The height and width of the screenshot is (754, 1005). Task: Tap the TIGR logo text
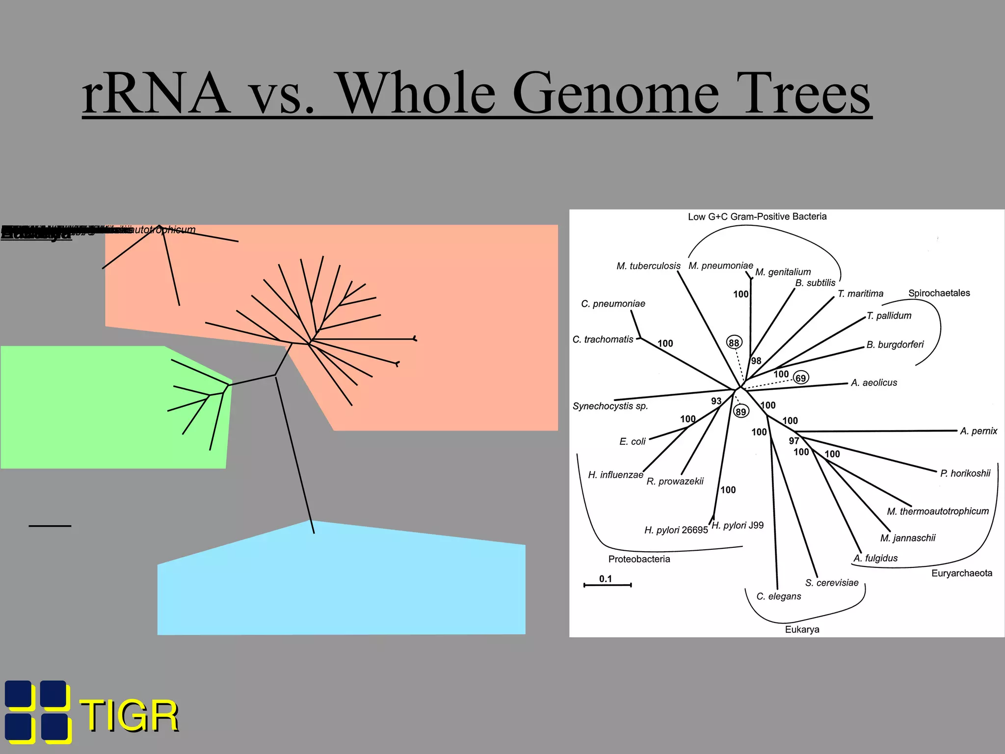coord(129,716)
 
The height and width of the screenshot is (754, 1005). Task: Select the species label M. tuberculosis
coord(648,266)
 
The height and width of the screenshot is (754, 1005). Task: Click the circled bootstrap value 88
coord(734,343)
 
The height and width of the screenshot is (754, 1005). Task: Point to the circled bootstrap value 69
coord(801,378)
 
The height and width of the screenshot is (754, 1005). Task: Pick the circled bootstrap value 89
coord(741,411)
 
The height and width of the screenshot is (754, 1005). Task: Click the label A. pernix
coord(979,431)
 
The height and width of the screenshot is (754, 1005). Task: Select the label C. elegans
coord(778,596)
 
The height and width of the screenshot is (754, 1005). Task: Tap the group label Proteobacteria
coord(639,559)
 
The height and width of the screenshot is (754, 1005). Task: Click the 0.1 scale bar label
coord(606,579)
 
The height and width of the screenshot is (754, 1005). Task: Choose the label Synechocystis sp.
coord(610,406)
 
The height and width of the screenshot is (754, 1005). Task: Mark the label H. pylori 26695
coord(676,530)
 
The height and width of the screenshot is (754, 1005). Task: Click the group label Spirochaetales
coord(939,293)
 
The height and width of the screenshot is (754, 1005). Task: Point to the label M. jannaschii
coord(908,538)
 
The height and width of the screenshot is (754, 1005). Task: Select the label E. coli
coord(632,442)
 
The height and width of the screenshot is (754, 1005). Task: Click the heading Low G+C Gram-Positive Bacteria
coord(757,216)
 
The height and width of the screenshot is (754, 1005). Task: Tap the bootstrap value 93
coord(716,401)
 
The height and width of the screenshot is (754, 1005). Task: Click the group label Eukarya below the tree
coord(802,630)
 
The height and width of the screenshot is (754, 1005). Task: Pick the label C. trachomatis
coord(603,340)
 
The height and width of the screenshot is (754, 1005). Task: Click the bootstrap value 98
coord(756,361)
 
